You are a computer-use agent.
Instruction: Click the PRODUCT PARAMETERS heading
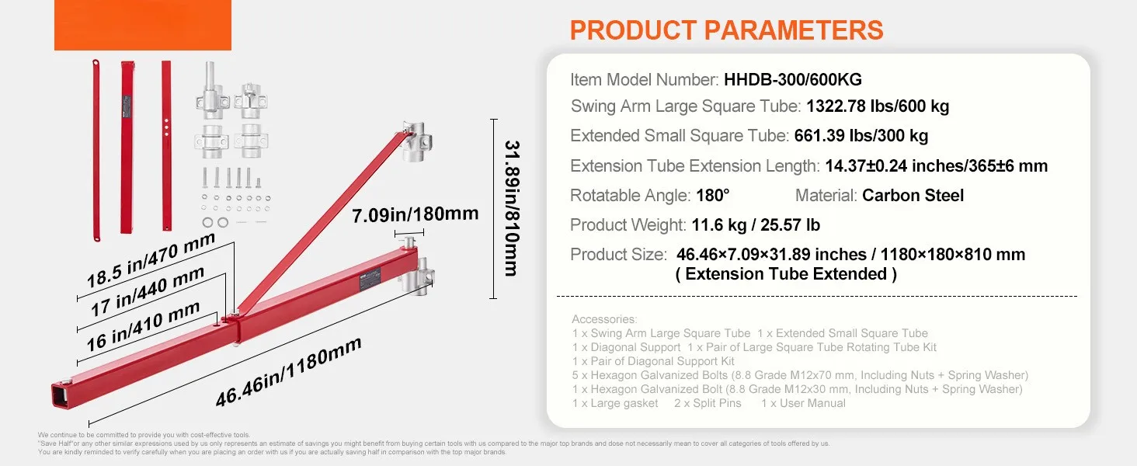pos(726,30)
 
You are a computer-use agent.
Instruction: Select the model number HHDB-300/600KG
pos(793,80)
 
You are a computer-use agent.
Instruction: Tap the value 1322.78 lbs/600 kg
pos(878,106)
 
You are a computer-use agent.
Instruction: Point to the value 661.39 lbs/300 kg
pos(861,136)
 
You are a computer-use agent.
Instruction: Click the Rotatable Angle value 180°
pos(713,196)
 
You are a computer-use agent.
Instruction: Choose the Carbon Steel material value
pos(913,196)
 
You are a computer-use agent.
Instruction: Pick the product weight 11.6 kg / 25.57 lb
pos(756,225)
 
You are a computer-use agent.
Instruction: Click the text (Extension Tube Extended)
pos(786,274)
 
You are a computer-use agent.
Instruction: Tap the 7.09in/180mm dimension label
pos(416,214)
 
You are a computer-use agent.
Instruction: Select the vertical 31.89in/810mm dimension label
pos(512,208)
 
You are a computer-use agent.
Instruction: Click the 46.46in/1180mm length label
pos(288,371)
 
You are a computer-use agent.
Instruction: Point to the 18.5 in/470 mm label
pos(151,260)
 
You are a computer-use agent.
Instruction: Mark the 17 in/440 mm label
pos(148,291)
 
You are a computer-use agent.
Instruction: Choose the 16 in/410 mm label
pos(143,326)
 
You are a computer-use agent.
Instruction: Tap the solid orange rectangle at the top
pos(143,25)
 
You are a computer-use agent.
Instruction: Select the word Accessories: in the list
pos(604,319)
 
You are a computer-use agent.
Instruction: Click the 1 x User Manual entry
pos(803,403)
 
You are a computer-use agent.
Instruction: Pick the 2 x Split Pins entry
pos(708,403)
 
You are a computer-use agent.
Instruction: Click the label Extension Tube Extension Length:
pos(695,166)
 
